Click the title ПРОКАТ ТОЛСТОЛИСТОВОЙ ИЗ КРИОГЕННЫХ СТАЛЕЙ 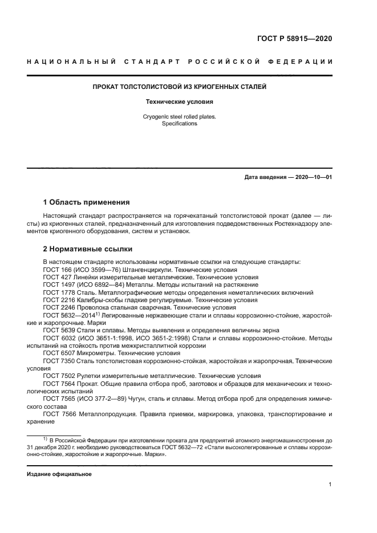point(180,87)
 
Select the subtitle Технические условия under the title point(180,102)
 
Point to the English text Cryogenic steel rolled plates point(180,117)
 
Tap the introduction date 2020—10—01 point(311,177)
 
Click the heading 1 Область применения point(87,202)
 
